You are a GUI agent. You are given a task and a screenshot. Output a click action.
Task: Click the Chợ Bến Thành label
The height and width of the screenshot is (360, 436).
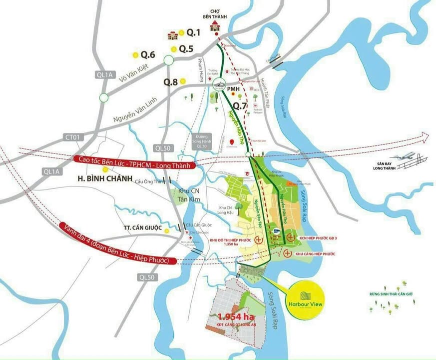215,14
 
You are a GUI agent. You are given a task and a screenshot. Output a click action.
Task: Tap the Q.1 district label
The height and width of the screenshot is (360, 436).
193,33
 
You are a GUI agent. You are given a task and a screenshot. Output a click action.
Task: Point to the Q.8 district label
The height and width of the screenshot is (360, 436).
170,81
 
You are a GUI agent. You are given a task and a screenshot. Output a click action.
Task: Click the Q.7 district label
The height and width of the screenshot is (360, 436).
241,105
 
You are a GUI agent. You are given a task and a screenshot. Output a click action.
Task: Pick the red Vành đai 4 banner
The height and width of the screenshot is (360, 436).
119,244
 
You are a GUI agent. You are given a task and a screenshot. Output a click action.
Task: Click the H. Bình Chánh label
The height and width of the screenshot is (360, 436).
104,178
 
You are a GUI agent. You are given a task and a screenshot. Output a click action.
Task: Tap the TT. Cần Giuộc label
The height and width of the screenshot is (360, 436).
143,228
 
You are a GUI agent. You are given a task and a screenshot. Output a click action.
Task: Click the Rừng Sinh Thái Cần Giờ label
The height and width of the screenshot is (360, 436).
387,294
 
